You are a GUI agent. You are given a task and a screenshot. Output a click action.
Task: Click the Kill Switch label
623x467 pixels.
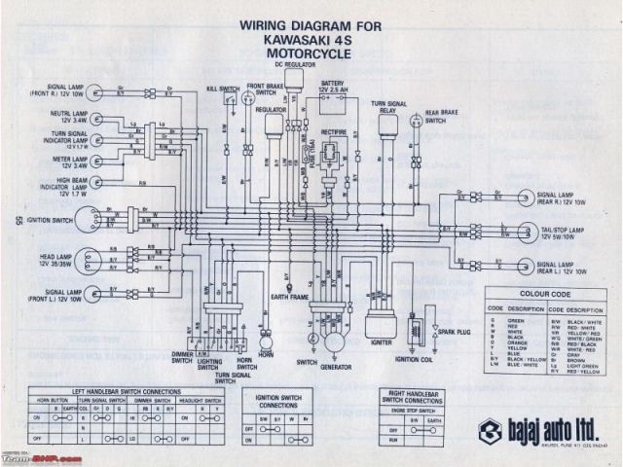tap(224, 90)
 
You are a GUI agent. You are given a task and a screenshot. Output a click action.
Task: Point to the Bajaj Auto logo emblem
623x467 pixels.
tap(488, 432)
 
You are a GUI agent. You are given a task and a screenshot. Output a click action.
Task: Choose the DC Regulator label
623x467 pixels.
tap(296, 64)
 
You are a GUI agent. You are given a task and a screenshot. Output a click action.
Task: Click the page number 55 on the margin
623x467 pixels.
tap(18, 221)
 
